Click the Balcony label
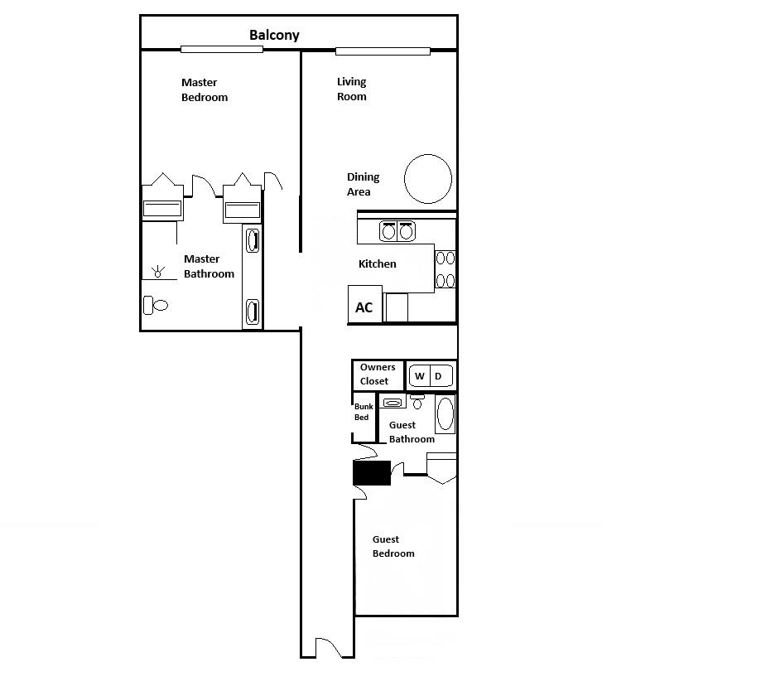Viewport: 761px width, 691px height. click(274, 36)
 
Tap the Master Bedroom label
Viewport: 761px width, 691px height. click(205, 89)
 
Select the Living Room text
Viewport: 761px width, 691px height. click(351, 89)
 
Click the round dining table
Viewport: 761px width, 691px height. click(428, 179)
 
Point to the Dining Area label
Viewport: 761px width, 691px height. click(362, 184)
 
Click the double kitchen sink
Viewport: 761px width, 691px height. click(397, 231)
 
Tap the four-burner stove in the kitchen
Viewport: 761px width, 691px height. click(445, 268)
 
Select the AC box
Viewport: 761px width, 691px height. click(364, 307)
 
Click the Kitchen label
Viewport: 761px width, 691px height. click(377, 264)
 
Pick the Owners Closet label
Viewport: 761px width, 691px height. click(377, 374)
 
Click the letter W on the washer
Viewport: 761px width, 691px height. click(420, 376)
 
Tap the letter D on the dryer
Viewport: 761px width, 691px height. click(440, 376)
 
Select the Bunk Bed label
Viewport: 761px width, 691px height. click(363, 412)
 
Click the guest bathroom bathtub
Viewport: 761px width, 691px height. click(446, 413)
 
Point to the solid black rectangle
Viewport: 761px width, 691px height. click(372, 472)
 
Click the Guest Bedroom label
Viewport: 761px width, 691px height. click(393, 547)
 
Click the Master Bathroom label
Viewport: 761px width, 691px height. click(209, 266)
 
